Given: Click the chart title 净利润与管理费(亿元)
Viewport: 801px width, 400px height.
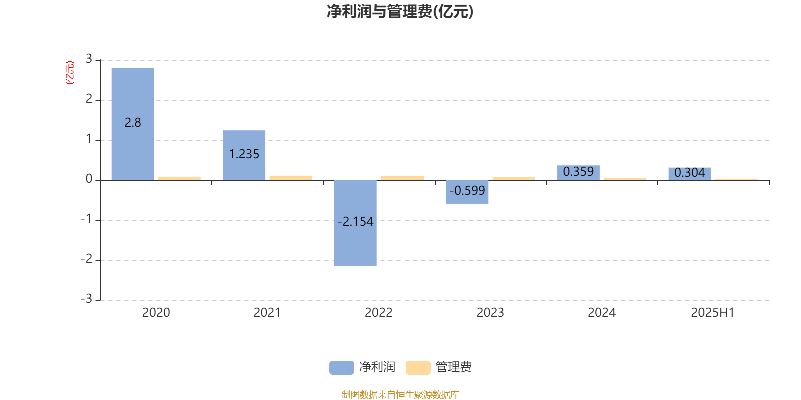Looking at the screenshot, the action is (x=400, y=11).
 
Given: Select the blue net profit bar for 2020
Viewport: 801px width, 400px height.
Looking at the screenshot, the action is (x=133, y=124).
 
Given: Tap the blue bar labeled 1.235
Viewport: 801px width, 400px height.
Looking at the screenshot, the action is (x=244, y=155).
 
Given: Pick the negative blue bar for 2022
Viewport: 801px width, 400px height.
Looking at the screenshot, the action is (x=355, y=223).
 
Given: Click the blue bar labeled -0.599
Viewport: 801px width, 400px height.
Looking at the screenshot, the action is (x=467, y=192).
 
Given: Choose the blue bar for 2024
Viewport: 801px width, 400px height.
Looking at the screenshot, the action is (x=578, y=173).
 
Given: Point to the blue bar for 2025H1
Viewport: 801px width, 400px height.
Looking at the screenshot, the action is (x=690, y=174).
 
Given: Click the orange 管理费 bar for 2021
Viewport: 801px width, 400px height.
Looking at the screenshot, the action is (x=291, y=178).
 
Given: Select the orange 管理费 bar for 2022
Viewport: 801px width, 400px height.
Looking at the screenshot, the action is (x=403, y=178).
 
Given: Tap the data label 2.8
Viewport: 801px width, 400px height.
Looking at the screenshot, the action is (x=133, y=123).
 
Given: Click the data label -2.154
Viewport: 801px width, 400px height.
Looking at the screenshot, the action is (x=355, y=222).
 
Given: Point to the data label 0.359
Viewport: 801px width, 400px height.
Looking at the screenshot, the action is (x=578, y=172).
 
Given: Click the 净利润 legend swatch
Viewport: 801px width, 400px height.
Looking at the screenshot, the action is (x=342, y=368).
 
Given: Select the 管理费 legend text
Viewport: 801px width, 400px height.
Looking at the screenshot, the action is (x=454, y=367).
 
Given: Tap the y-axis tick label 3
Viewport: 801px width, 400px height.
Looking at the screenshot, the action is (x=89, y=59).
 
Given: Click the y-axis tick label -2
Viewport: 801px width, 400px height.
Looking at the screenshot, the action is (x=87, y=259).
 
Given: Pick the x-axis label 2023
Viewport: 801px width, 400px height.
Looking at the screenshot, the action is (x=490, y=313).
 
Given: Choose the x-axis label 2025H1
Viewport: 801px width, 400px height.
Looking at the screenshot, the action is (x=713, y=313).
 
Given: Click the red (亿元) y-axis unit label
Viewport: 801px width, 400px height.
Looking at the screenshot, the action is (x=70, y=73).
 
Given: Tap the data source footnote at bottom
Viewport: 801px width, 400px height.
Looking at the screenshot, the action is (x=400, y=394).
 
